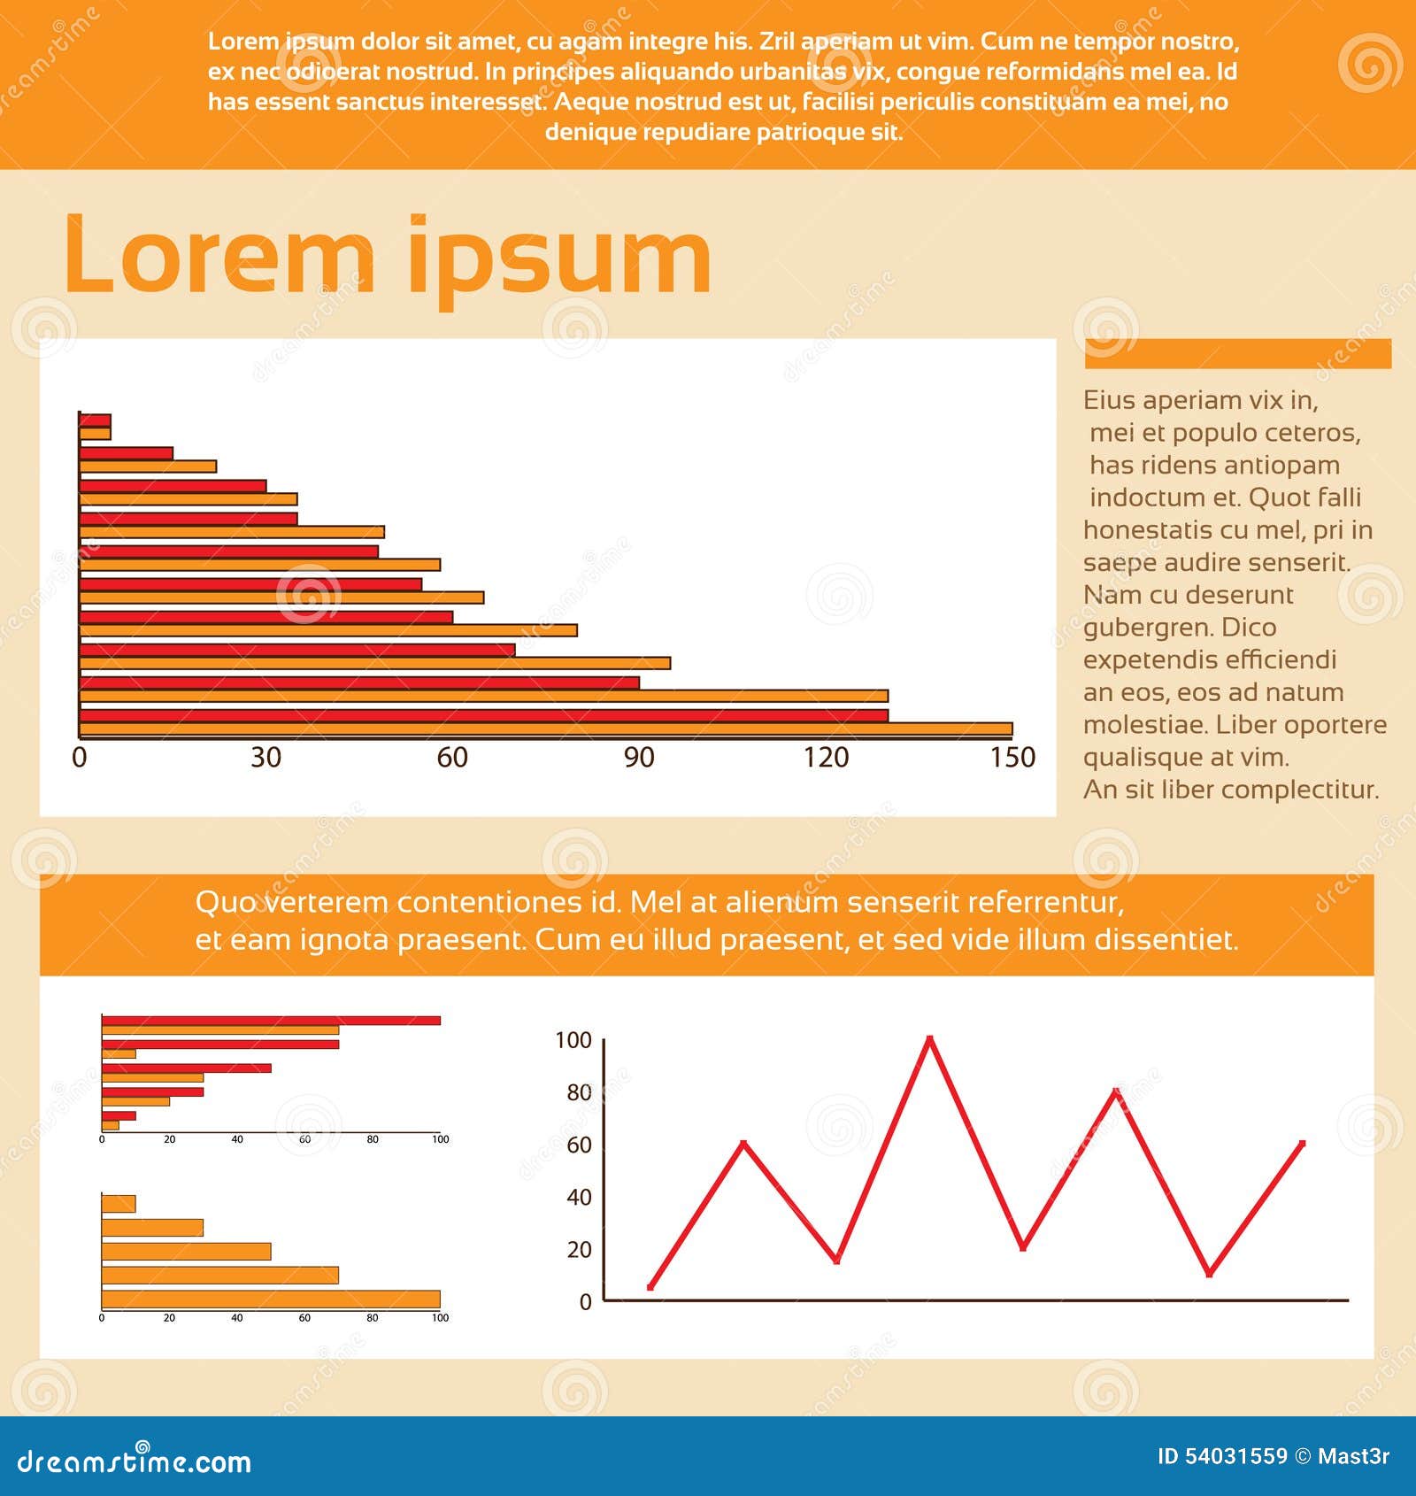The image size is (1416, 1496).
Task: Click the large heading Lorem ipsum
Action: click(388, 257)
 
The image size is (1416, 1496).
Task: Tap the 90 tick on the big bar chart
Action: click(639, 757)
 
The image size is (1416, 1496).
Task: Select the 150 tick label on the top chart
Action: click(1012, 757)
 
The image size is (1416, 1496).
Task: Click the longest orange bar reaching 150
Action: click(545, 729)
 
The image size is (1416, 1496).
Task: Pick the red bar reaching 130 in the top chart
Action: click(483, 715)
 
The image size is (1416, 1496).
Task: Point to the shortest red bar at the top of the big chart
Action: click(95, 420)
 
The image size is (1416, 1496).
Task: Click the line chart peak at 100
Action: click(929, 1038)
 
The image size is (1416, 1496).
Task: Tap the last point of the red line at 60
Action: click(1302, 1144)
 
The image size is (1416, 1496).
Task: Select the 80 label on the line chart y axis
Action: click(579, 1092)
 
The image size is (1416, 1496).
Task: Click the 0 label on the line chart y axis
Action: click(585, 1302)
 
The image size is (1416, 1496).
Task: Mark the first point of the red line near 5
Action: click(651, 1287)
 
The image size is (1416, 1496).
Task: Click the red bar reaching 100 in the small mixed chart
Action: click(271, 1021)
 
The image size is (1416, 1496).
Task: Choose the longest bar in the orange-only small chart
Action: click(271, 1299)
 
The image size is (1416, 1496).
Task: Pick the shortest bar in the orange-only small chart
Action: click(119, 1204)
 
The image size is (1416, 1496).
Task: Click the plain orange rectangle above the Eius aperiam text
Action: click(1237, 353)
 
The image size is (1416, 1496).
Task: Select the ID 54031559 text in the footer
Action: click(1221, 1456)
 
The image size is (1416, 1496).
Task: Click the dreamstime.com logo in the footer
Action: click(135, 1461)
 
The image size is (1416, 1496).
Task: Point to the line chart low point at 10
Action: click(1209, 1274)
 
